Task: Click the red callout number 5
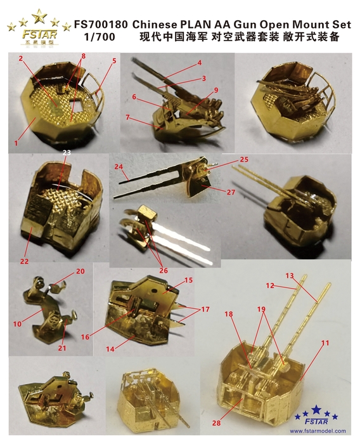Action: [x=114, y=62]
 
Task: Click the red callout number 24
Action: [x=118, y=166]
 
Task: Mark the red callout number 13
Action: [x=290, y=276]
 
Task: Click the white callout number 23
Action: [x=66, y=153]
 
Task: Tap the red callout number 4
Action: [x=199, y=63]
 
